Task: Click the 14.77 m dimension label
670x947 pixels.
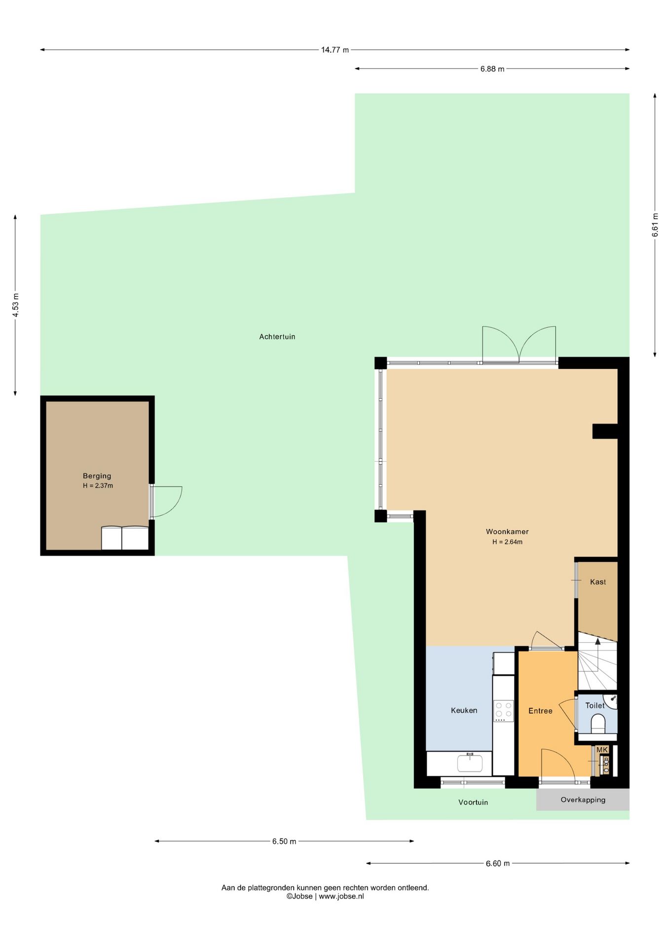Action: coord(335,50)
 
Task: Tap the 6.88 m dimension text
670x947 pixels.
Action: coord(492,69)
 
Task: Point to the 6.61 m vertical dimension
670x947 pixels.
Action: coord(655,225)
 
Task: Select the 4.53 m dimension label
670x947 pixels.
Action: coord(16,305)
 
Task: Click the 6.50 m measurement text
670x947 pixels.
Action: coord(284,841)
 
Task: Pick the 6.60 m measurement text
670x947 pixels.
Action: coord(498,864)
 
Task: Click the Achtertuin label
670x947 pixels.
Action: coord(277,337)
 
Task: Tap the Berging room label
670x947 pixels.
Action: coord(97,476)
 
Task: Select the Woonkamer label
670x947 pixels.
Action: coord(507,532)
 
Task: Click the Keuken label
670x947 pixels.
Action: coord(464,710)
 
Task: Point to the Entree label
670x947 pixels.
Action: coord(540,711)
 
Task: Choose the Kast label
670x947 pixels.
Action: coord(598,582)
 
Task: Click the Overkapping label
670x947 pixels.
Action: coord(583,800)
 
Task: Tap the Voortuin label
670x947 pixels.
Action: coord(473,802)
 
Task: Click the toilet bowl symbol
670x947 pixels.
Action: coord(598,723)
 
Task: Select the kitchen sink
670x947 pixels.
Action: coord(470,763)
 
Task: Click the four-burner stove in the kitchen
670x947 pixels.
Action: coord(503,711)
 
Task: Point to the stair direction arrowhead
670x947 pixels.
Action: coord(598,641)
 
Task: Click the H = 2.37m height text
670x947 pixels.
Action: coord(98,486)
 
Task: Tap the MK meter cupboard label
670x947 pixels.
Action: coord(602,750)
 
